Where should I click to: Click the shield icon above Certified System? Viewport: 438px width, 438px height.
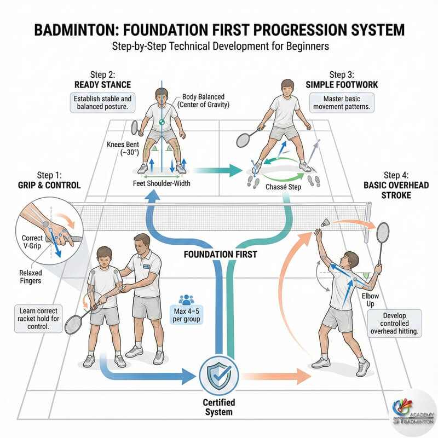(x=219, y=374)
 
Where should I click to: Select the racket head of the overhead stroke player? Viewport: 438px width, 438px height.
(x=383, y=233)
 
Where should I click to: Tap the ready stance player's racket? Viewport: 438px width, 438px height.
(x=135, y=127)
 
